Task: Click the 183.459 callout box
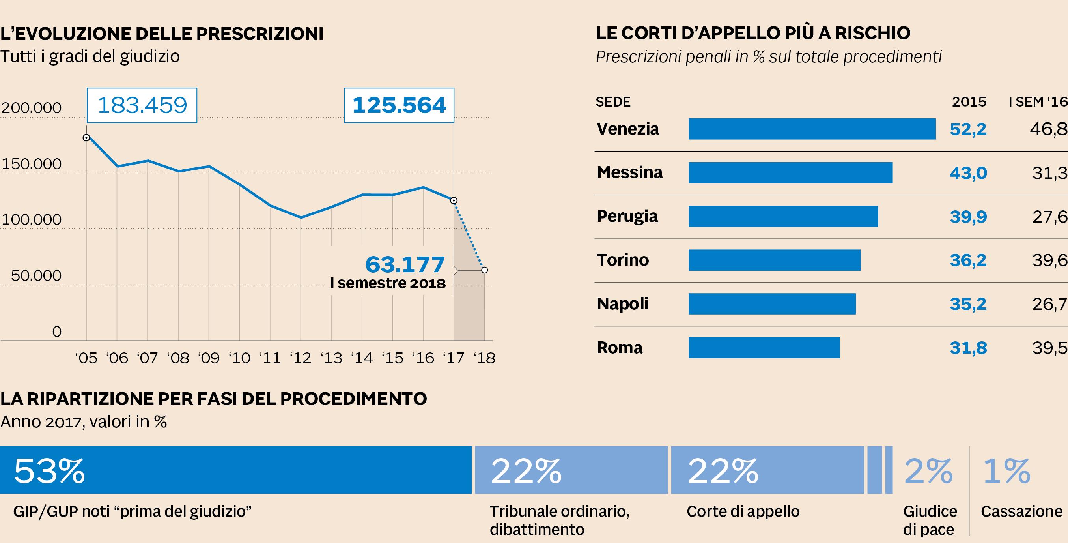click(x=142, y=105)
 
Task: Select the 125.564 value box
click(x=399, y=105)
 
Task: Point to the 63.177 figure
click(x=405, y=264)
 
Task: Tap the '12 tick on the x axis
click(x=300, y=358)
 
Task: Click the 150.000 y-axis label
click(x=32, y=164)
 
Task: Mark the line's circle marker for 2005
click(x=86, y=138)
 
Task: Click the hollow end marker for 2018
click(x=484, y=270)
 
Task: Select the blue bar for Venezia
click(x=812, y=129)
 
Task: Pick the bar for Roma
click(x=764, y=348)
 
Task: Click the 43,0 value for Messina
click(x=968, y=173)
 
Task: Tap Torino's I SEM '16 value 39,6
click(x=1049, y=260)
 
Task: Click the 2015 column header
click(x=969, y=102)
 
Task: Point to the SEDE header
click(x=613, y=102)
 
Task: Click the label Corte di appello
click(x=743, y=511)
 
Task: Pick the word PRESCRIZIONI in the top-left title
click(x=260, y=34)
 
